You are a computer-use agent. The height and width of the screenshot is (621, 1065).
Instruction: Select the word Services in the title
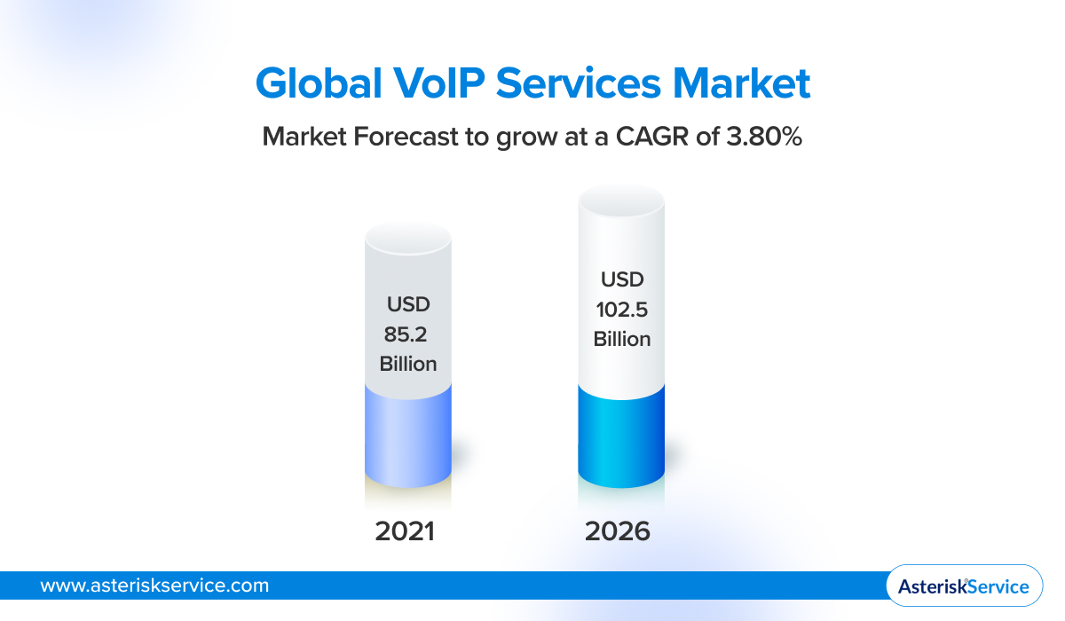580,83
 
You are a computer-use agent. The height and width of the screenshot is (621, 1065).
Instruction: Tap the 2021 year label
405,531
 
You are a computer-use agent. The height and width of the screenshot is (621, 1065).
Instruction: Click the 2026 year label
618,531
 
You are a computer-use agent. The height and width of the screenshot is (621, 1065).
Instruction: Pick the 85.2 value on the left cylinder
408,334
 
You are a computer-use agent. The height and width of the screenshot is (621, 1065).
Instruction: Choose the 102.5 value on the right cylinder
621,310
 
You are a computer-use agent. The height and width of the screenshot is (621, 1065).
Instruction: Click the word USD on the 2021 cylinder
408,304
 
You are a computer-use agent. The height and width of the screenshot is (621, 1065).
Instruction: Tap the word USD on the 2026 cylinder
621,279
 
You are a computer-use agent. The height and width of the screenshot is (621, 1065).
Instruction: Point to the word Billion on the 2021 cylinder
408,365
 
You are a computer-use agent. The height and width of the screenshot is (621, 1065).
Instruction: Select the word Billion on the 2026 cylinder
621,340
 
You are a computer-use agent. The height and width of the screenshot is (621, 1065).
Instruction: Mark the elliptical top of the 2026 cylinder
621,202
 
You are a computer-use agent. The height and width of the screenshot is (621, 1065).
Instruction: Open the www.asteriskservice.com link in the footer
154,586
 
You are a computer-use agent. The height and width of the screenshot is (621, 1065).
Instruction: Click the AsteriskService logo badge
964,586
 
